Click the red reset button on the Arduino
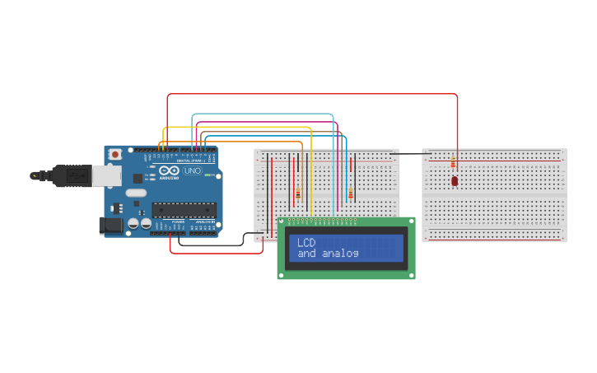click(x=115, y=154)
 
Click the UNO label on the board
click(x=191, y=170)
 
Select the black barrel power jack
click(x=107, y=225)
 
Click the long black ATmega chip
click(x=184, y=210)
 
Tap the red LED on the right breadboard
click(x=454, y=180)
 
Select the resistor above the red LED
click(x=453, y=163)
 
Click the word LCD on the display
click(x=306, y=243)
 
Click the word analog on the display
click(x=340, y=254)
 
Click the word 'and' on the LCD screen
click(x=306, y=254)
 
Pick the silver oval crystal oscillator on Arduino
click(x=136, y=193)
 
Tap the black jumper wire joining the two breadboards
click(x=410, y=154)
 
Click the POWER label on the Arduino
click(x=179, y=222)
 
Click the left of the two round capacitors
click(x=133, y=223)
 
